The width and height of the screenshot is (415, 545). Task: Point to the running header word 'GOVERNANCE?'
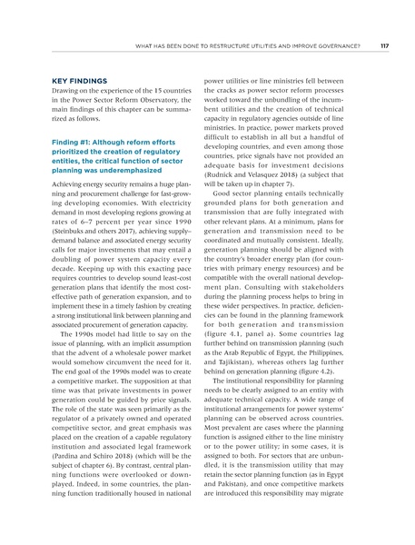337,45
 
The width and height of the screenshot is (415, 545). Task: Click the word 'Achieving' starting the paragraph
65,183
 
